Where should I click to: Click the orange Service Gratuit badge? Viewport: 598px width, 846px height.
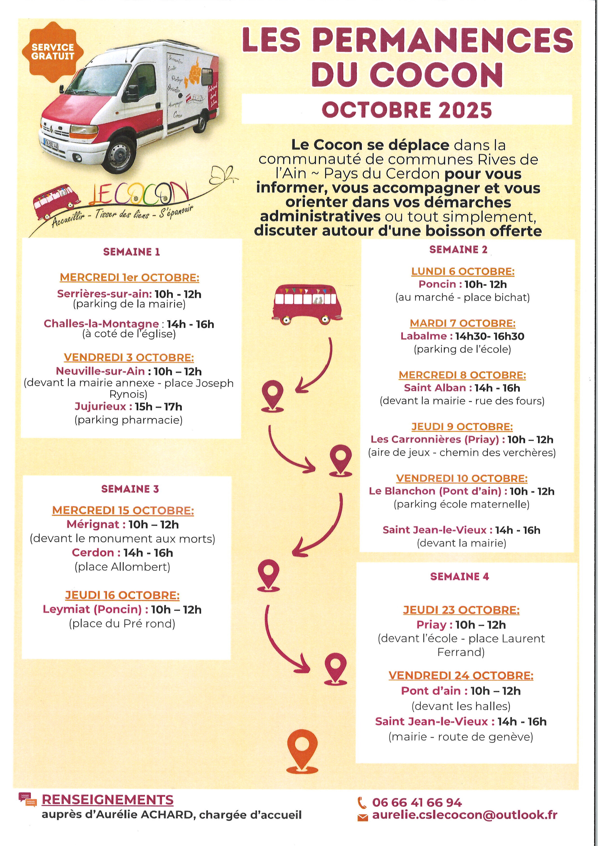click(x=53, y=52)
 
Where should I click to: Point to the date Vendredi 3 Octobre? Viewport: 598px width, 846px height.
click(x=129, y=357)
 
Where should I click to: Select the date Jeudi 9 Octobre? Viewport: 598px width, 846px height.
click(x=462, y=427)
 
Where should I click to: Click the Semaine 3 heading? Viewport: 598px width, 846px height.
click(x=130, y=489)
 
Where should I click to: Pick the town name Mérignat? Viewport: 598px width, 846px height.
click(x=93, y=524)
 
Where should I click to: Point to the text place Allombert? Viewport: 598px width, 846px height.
click(x=122, y=567)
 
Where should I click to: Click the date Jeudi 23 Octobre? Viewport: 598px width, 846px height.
click(x=461, y=610)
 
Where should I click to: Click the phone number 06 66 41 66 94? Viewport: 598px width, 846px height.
click(x=417, y=803)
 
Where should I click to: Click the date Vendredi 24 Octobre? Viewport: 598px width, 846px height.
click(x=461, y=675)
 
